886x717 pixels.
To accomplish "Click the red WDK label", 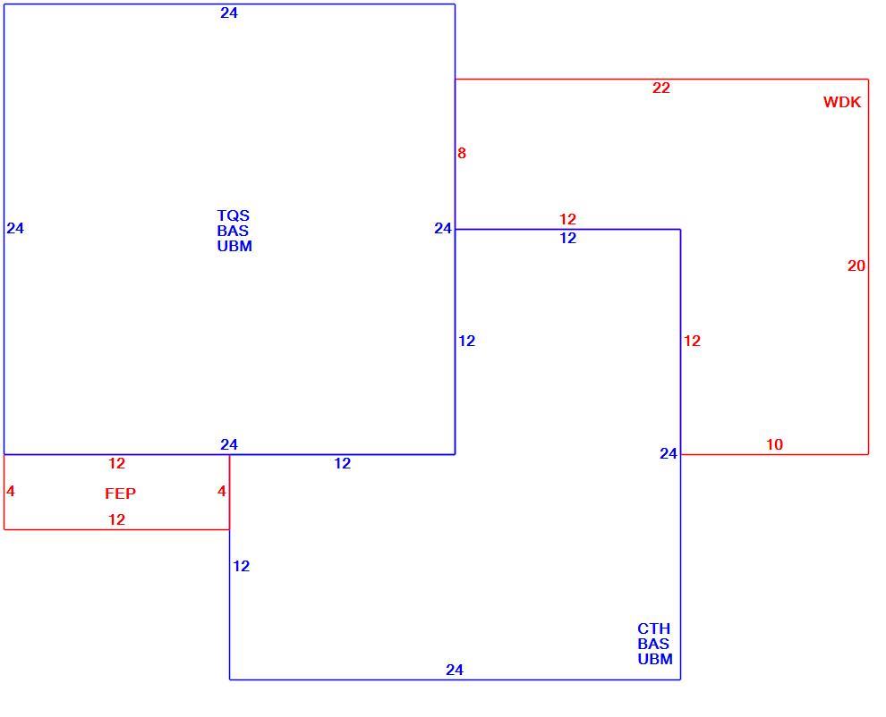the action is coord(842,102).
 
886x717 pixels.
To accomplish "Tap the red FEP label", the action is coord(120,493).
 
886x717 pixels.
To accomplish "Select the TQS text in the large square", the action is coord(234,215).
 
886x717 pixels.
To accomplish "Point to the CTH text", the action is coord(654,628).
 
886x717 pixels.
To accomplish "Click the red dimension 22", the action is coord(661,89).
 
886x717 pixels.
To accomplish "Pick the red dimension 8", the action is coord(462,153).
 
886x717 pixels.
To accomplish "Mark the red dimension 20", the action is coord(856,266).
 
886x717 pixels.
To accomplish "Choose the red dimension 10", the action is coord(775,445).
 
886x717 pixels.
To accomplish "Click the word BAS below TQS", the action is coord(233,231).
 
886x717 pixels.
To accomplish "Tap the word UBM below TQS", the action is coord(234,246).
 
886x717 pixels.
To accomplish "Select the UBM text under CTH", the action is coord(655,660).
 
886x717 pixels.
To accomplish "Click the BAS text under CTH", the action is coord(654,645).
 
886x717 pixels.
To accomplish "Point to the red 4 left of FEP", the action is coord(11,491).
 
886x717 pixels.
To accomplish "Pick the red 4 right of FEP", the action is coord(222,491).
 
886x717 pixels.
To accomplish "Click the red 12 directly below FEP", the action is coord(116,519).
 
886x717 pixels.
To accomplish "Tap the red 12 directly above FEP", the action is coord(116,463).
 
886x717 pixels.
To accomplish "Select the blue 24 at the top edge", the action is coord(229,13).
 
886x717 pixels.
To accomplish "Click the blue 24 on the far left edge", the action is coord(15,228).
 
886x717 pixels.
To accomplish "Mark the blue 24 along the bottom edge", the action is coord(455,671).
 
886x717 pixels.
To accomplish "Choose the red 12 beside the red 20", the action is coord(692,341).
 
